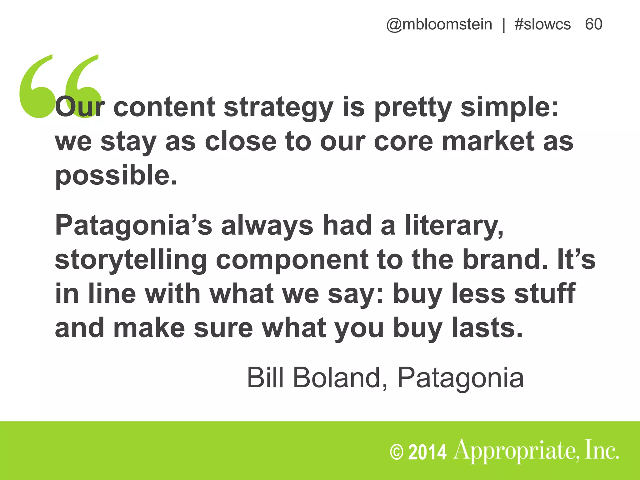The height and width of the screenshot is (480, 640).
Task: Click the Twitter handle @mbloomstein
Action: click(x=439, y=24)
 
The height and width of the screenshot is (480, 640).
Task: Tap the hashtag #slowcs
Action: click(x=542, y=24)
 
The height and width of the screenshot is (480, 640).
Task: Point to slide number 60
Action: click(x=593, y=24)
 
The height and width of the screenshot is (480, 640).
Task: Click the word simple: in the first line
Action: click(x=510, y=108)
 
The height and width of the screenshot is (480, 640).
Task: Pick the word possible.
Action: click(x=116, y=176)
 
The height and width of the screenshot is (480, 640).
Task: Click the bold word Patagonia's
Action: click(x=133, y=226)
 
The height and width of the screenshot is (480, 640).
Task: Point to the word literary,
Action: click(x=454, y=226)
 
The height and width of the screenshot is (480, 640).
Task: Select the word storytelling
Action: click(x=131, y=260)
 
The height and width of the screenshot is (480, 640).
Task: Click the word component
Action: click(x=292, y=260)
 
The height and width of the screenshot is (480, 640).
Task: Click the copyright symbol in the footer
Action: click(x=397, y=452)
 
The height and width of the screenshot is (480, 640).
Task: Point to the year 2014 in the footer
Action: click(x=427, y=452)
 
